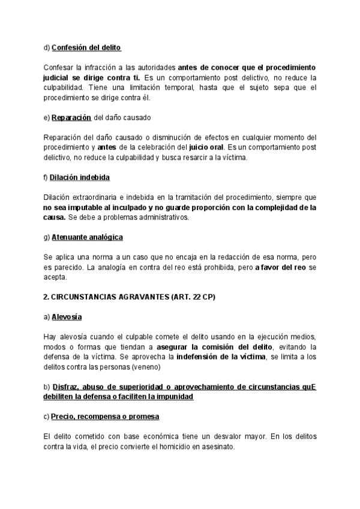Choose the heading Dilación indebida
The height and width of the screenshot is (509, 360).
tap(80, 178)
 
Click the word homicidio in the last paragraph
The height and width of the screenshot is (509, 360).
tap(166, 448)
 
